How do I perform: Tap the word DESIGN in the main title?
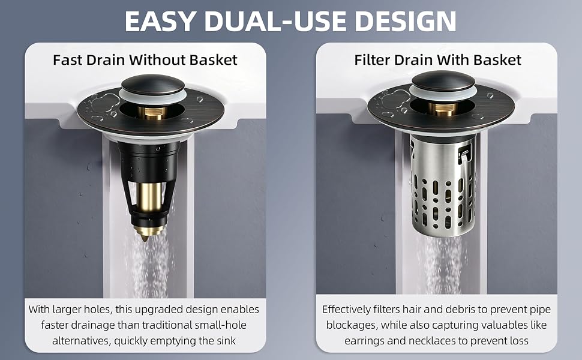(406, 21)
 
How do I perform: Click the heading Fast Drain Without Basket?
(145, 60)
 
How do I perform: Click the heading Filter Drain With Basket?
(437, 60)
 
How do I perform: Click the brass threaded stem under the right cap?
(443, 109)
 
